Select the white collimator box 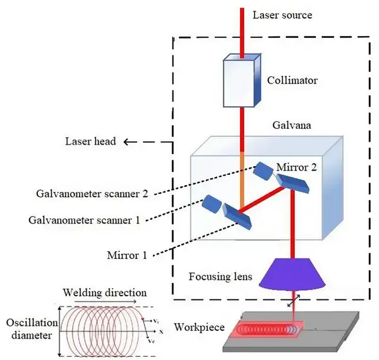coord(241,81)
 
